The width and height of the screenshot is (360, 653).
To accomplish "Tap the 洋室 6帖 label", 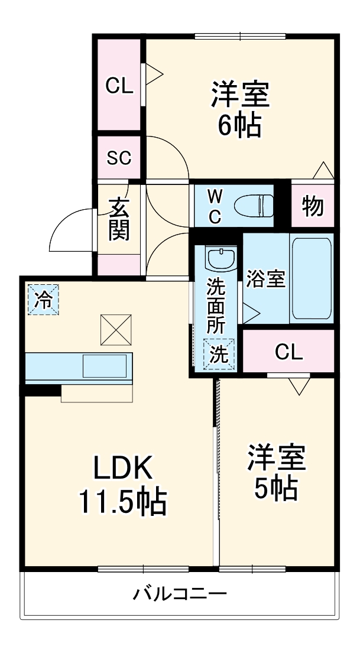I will [240, 110].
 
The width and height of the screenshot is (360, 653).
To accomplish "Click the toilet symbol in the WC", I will [252, 206].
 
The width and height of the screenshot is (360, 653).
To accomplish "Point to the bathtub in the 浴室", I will [311, 279].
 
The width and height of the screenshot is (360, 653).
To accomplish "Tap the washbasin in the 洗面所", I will [221, 258].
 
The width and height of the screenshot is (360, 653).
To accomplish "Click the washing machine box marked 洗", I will [219, 354].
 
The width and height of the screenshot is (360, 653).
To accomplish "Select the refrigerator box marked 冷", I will [43, 299].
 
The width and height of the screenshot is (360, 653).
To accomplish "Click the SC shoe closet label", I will [119, 158].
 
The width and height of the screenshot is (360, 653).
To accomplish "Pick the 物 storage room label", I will [313, 207].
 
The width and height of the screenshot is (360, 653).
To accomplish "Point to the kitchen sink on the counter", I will [104, 366].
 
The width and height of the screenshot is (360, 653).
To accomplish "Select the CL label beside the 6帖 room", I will [119, 87].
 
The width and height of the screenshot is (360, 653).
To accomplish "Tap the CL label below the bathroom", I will [288, 353].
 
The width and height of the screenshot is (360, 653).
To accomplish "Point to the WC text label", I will [215, 206].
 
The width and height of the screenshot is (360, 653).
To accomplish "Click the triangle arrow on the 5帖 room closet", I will [300, 386].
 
